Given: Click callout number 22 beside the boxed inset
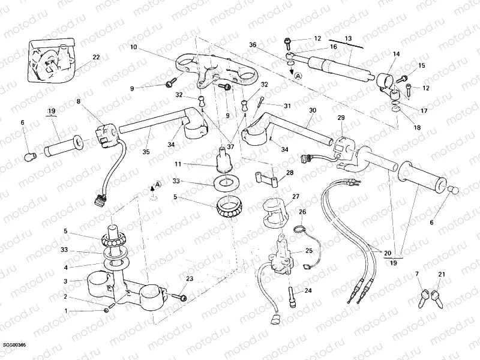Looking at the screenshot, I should click(x=96, y=58).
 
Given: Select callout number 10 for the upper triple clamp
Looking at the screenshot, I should click(x=133, y=47).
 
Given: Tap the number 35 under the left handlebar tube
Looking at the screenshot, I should click(x=146, y=152).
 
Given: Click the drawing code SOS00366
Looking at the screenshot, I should click(x=14, y=346).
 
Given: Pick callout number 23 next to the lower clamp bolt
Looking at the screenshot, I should click(x=190, y=279).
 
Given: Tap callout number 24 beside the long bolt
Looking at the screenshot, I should click(x=309, y=291).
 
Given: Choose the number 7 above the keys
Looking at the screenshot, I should click(x=417, y=274).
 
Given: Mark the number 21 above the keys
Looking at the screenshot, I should click(x=442, y=274).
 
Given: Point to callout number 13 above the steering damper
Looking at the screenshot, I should click(x=348, y=38).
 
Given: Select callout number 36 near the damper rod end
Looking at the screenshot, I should click(x=253, y=44).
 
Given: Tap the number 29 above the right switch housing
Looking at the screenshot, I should click(x=341, y=118).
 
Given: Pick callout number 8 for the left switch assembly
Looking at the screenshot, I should click(x=77, y=102).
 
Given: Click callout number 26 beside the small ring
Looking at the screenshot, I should click(x=302, y=212).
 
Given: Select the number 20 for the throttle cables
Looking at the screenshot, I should click(x=387, y=253).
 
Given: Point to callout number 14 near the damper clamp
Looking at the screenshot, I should click(x=396, y=54).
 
